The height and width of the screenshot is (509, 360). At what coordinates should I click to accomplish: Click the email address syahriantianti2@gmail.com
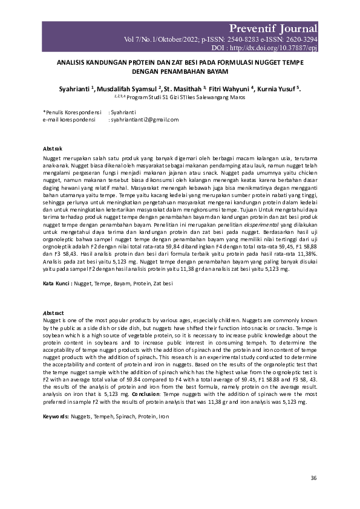point(143,120)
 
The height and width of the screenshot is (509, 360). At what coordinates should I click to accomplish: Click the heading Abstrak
point(51,148)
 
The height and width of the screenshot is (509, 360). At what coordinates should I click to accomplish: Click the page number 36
point(313,478)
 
